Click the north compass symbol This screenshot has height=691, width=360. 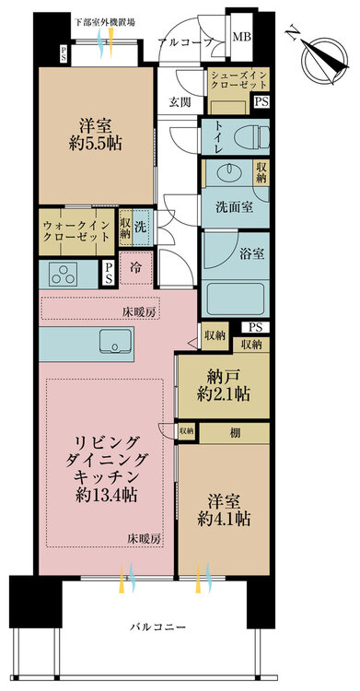[326, 61]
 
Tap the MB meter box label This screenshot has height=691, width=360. [241, 37]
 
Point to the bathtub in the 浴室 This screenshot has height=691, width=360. [236, 298]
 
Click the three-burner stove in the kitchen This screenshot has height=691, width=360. [63, 274]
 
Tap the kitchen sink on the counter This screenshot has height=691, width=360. [115, 341]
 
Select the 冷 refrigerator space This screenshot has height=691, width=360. [136, 267]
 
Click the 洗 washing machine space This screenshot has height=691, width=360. [141, 227]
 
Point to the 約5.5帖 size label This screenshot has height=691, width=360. [96, 144]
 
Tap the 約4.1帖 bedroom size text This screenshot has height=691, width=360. [224, 519]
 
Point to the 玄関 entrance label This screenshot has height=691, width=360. [180, 102]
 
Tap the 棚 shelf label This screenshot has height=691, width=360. [235, 433]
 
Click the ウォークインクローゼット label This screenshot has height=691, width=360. [75, 231]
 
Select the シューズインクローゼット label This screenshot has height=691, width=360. [238, 80]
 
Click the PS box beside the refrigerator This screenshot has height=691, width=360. [109, 275]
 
